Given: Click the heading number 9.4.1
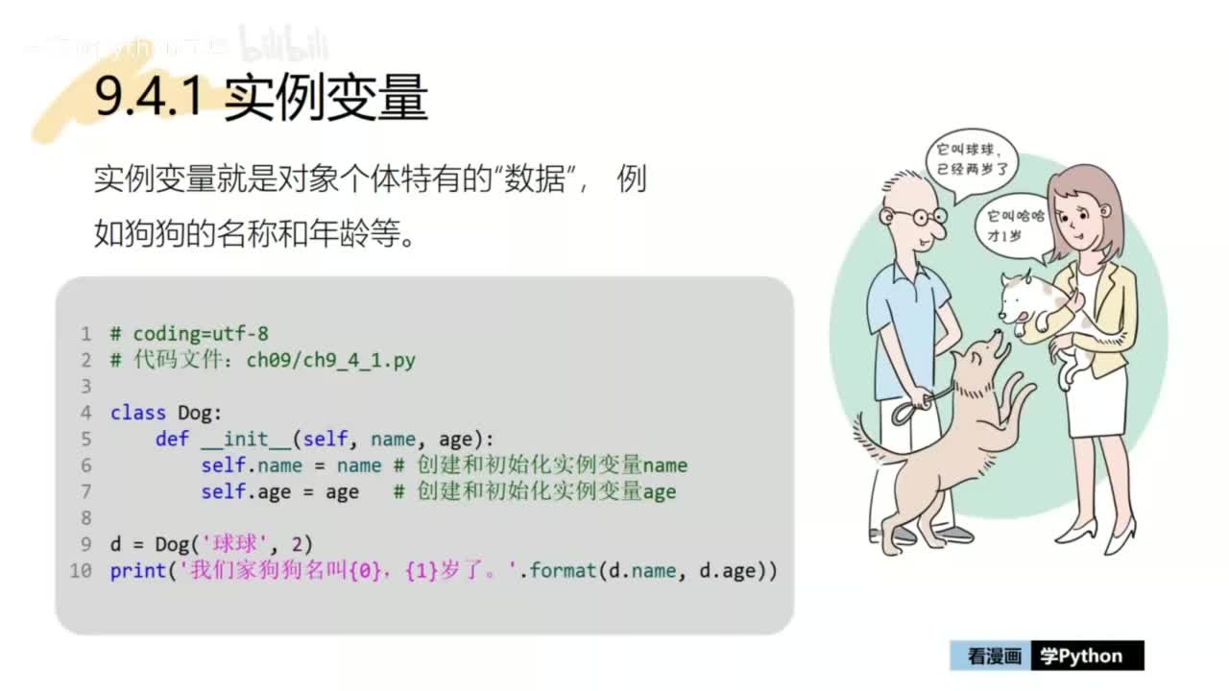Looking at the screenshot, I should [x=149, y=98].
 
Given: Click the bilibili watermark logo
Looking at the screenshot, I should [x=283, y=43].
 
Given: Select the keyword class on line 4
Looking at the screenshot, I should [x=137, y=413].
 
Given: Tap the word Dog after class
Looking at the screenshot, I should [x=199, y=413].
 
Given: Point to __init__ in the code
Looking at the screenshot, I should [x=246, y=440].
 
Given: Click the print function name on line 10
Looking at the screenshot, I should [x=137, y=570].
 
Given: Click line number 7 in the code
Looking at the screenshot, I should [x=85, y=491].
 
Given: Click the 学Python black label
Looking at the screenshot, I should [x=1088, y=656].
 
